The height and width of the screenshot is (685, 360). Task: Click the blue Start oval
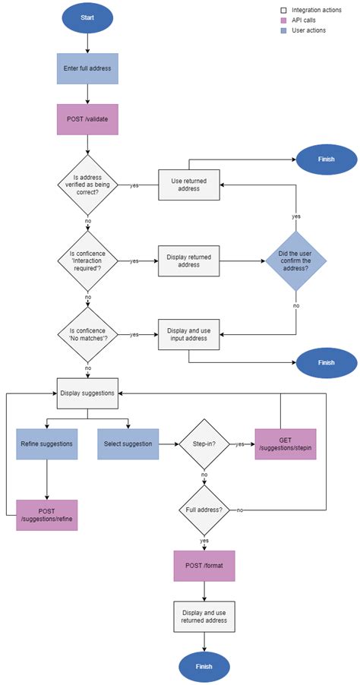[x=87, y=17]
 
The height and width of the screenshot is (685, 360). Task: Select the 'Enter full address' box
[x=87, y=68]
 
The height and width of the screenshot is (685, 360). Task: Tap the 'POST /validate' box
[x=87, y=119]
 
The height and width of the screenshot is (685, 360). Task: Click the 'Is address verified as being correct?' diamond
[x=87, y=184]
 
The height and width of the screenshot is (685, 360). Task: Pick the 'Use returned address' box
[x=188, y=184]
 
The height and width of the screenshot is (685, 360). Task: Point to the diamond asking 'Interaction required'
[x=87, y=260]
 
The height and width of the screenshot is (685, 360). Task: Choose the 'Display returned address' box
[x=188, y=260]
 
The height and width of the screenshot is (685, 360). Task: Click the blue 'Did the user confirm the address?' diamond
[x=296, y=260]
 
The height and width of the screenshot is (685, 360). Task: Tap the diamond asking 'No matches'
[x=87, y=333]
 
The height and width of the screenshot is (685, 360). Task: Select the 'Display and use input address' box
[x=188, y=333]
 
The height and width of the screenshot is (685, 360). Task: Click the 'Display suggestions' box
[x=87, y=393]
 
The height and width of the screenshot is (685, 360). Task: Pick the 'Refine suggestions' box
[x=47, y=444]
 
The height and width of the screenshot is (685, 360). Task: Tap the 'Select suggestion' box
[x=128, y=444]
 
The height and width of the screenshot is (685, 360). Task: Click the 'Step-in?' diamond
[x=204, y=444]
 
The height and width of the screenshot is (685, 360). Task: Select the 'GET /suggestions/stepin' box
[x=286, y=444]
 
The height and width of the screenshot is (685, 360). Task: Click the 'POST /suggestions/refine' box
[x=47, y=514]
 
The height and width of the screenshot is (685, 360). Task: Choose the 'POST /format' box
[x=204, y=565]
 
